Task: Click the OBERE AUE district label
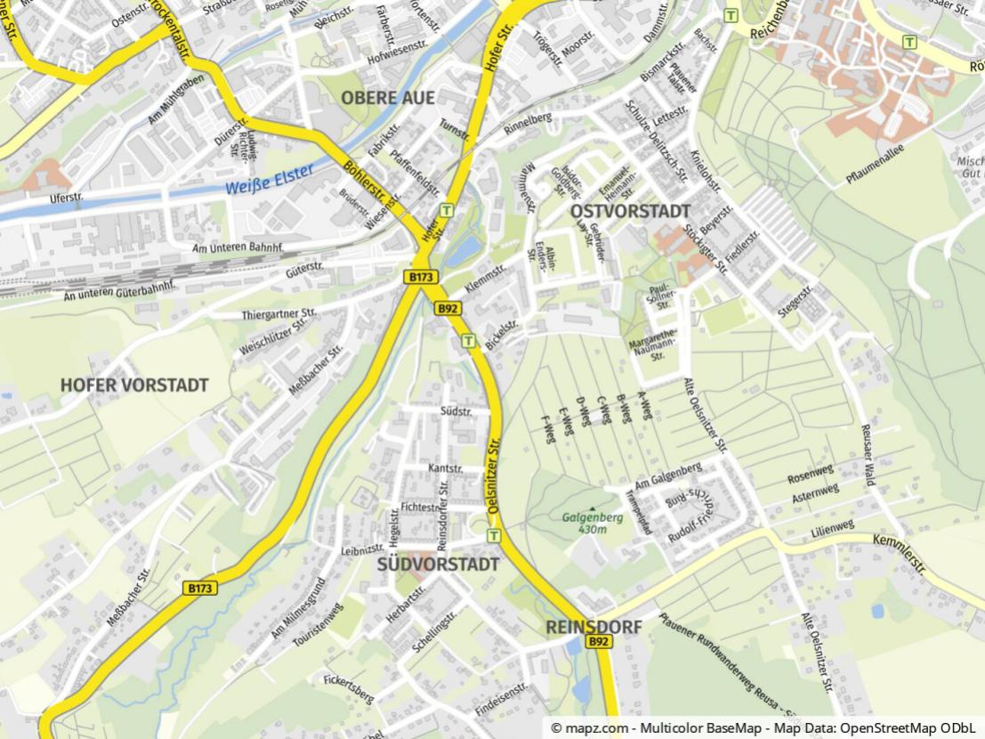389,98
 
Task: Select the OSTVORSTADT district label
630,211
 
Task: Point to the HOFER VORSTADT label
134,385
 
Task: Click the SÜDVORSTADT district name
438,564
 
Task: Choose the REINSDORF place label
593,627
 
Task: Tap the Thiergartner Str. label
279,314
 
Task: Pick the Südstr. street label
455,411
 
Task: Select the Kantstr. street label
445,468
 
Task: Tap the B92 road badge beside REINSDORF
599,642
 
